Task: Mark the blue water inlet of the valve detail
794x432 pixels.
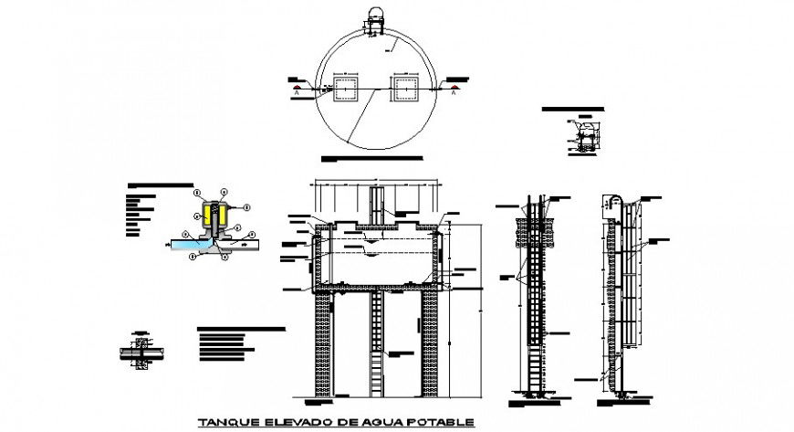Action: coord(186,244)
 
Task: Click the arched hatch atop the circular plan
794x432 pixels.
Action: coord(376,17)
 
